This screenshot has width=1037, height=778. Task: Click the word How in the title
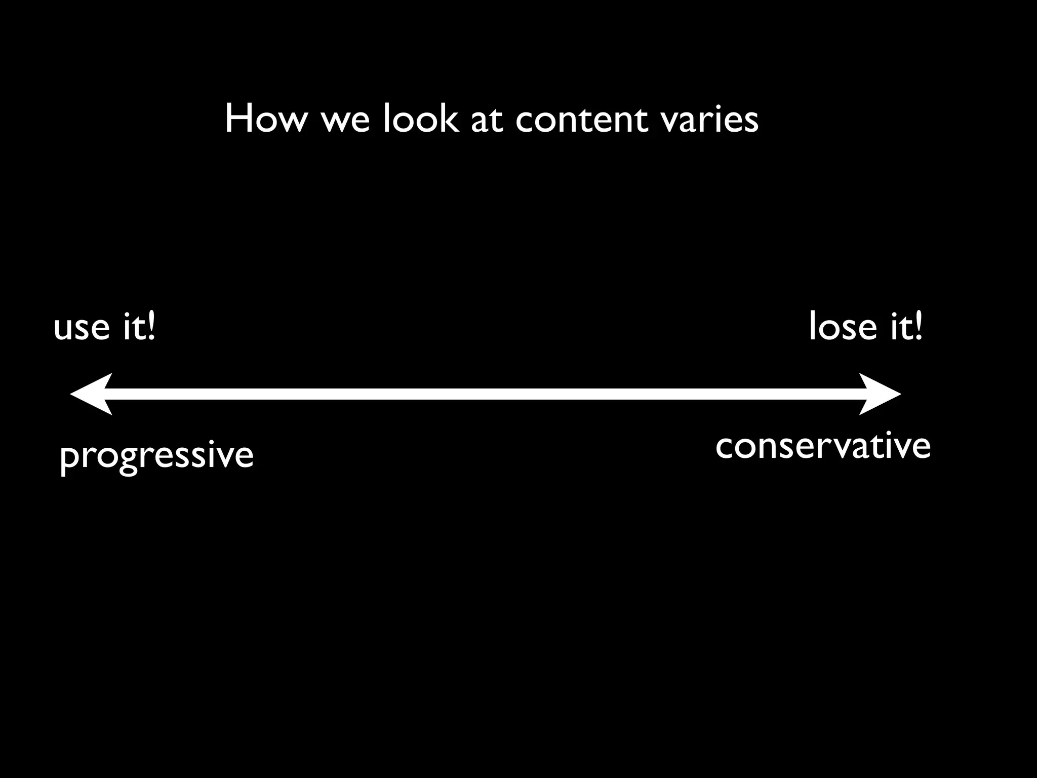(266, 119)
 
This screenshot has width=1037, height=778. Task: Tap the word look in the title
(420, 119)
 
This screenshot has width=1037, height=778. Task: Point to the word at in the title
(487, 122)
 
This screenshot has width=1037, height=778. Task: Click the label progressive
(156, 455)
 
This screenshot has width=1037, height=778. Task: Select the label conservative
(823, 446)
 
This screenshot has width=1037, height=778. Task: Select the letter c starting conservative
(726, 448)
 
